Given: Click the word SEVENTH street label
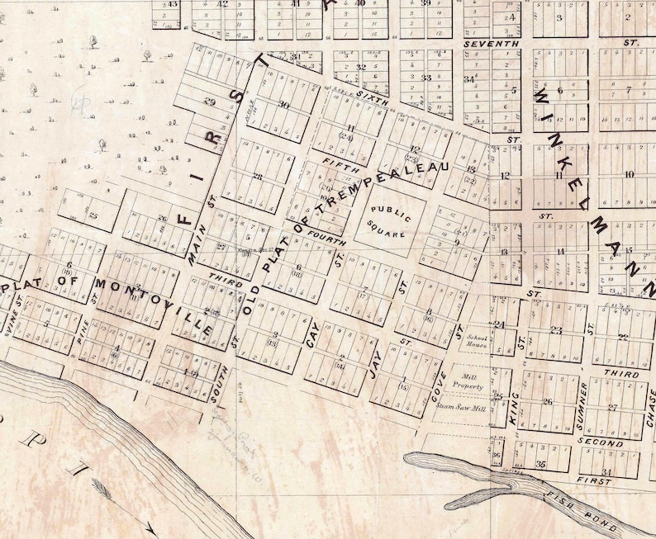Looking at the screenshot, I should pyautogui.click(x=491, y=42).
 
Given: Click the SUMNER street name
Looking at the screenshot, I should pyautogui.click(x=583, y=406).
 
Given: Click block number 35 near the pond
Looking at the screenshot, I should pyautogui.click(x=540, y=465).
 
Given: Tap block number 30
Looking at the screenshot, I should pyautogui.click(x=283, y=105).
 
